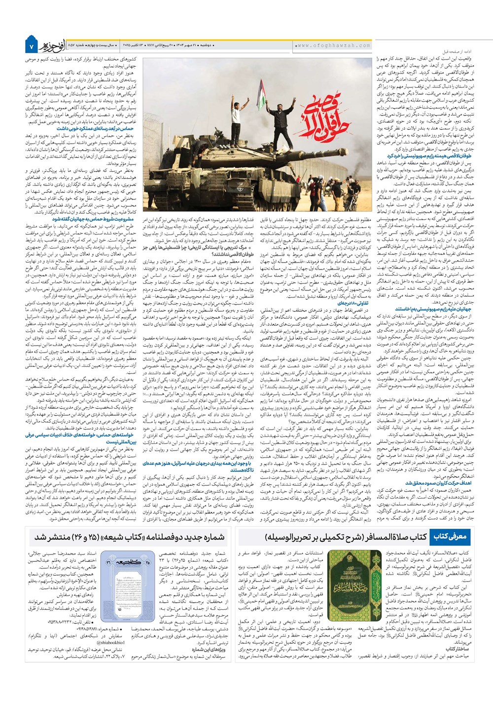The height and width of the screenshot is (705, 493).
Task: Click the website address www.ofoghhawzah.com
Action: click(333, 45)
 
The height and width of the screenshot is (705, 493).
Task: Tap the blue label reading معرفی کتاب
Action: click(450, 536)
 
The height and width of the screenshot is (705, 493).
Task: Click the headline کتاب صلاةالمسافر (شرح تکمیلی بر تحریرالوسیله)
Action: click(345, 537)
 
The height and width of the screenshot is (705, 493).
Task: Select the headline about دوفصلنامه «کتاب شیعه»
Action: click(130, 537)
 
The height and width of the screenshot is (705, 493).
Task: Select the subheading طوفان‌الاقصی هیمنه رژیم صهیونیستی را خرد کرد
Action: click(429, 156)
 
